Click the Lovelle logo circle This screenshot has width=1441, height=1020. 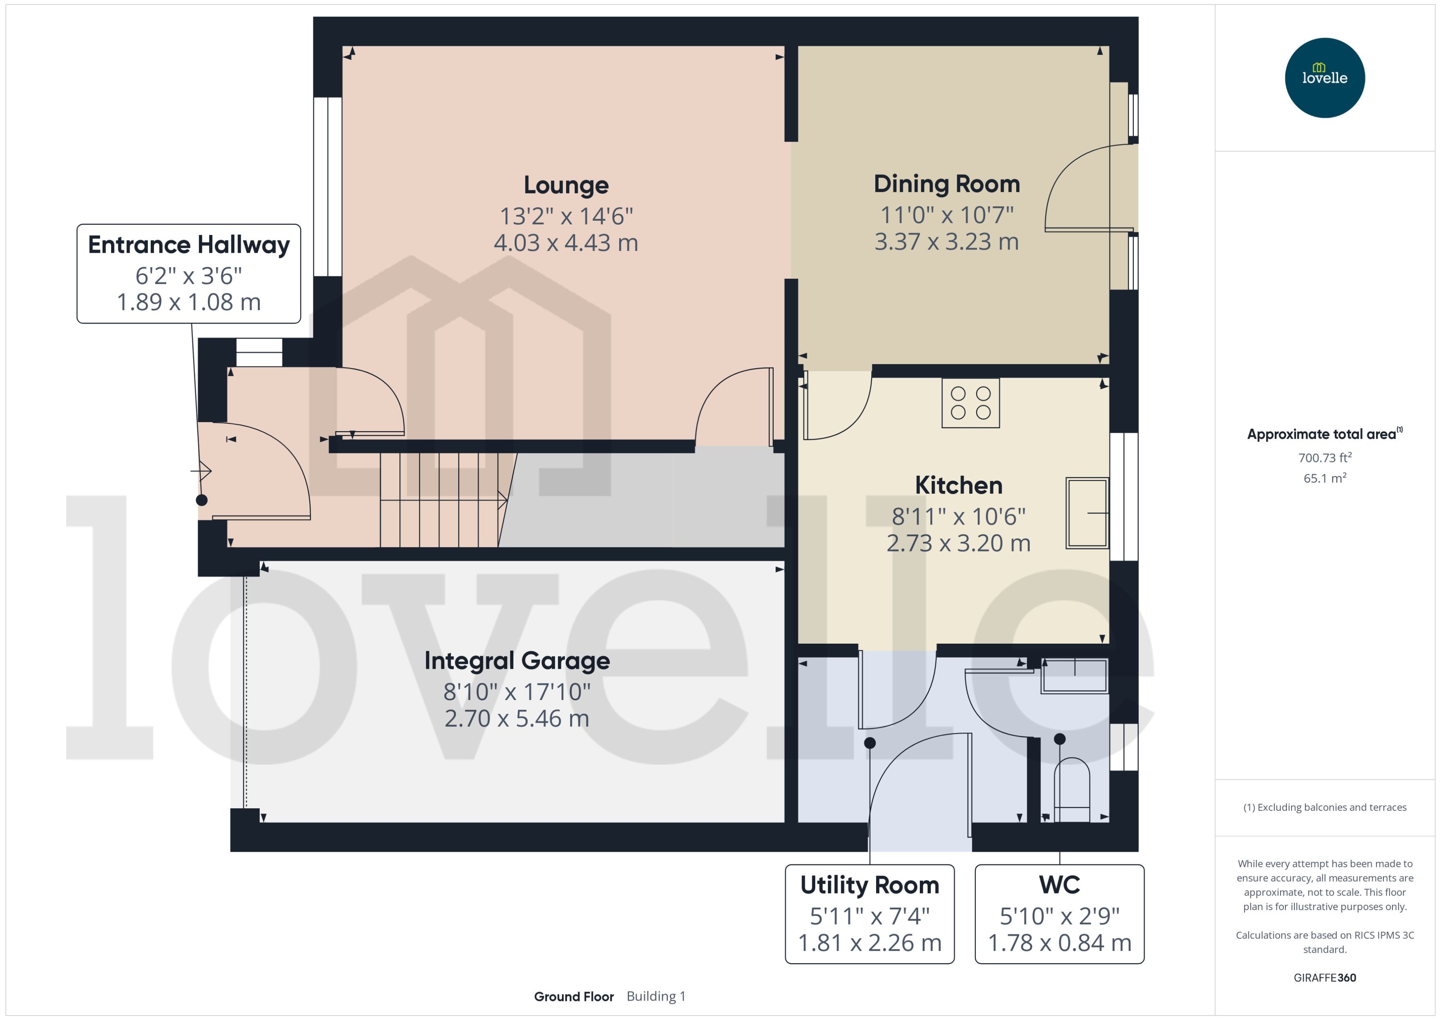coord(1324,77)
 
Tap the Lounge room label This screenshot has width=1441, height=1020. coord(566,184)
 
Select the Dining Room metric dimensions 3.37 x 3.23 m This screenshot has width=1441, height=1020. coord(946,241)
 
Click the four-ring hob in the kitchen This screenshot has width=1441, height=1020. coord(970,403)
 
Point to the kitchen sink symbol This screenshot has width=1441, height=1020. coord(1087,513)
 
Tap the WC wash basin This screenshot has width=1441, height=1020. coord(1074,676)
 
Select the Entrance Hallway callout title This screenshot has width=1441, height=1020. coord(189,244)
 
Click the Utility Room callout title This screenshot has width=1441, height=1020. coord(869,885)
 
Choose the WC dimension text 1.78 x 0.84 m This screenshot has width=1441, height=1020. coord(1059,943)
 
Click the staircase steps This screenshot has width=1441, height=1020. coord(440,499)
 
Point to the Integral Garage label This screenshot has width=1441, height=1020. coord(517,661)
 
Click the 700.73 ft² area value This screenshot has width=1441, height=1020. coord(1324,458)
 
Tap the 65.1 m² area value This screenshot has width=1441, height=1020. coord(1324,478)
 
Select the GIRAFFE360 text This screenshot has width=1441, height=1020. coord(1324,977)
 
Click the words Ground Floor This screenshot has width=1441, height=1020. coord(573,996)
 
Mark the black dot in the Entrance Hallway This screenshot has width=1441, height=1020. coord(202,500)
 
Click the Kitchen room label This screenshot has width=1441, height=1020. coord(958,485)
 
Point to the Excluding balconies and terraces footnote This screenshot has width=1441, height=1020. coord(1324,807)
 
